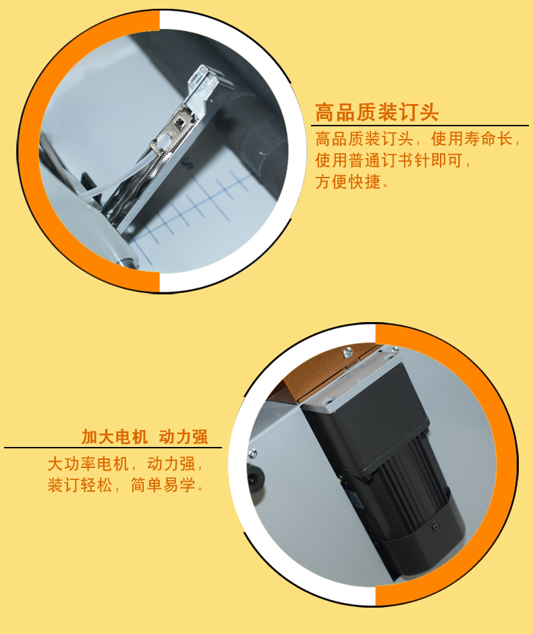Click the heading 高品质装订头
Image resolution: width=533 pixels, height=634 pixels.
(x=376, y=112)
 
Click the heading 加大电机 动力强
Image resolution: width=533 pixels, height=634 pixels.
(x=144, y=437)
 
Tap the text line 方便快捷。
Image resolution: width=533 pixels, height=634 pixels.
(x=352, y=182)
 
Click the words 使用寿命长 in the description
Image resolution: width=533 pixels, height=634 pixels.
(x=472, y=138)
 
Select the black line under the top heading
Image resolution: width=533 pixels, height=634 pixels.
(x=420, y=126)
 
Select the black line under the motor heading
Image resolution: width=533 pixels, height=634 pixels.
(x=113, y=448)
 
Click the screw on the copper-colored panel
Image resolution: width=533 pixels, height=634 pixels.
(x=347, y=353)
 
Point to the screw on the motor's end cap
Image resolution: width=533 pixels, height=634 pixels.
(x=434, y=527)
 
